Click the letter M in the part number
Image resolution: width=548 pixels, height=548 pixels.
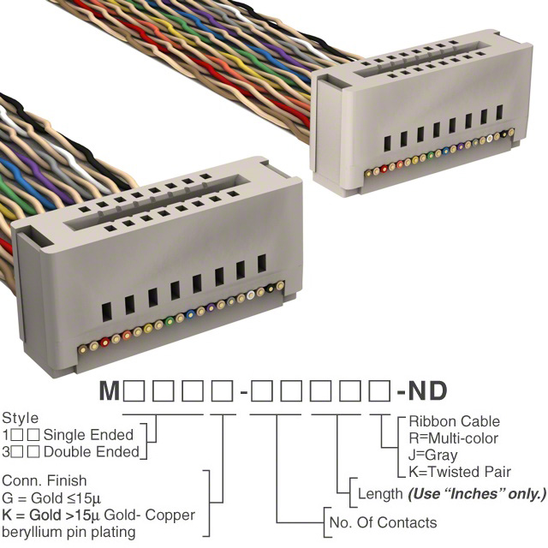[109, 392]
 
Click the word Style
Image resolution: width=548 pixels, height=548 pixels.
[20, 419]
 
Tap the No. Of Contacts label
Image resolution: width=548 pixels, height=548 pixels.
[383, 522]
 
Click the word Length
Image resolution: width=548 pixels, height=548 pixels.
[379, 494]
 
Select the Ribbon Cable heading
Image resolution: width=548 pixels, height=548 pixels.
[454, 421]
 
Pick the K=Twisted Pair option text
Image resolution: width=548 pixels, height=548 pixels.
[460, 472]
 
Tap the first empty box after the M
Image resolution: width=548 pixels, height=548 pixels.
[134, 392]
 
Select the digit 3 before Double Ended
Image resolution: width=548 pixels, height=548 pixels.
[7, 450]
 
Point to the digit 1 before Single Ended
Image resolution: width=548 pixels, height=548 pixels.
[7, 435]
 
